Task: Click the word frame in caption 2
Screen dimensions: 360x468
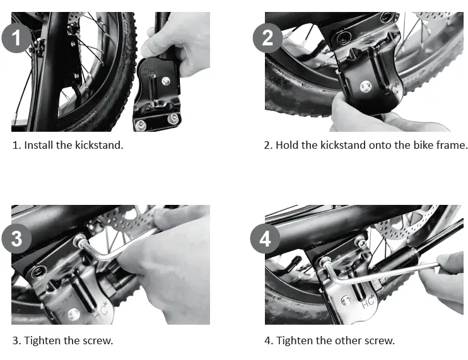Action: tap(452, 145)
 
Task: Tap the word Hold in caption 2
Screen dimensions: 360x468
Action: tap(286, 145)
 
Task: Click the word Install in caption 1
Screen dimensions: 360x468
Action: tap(38, 145)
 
